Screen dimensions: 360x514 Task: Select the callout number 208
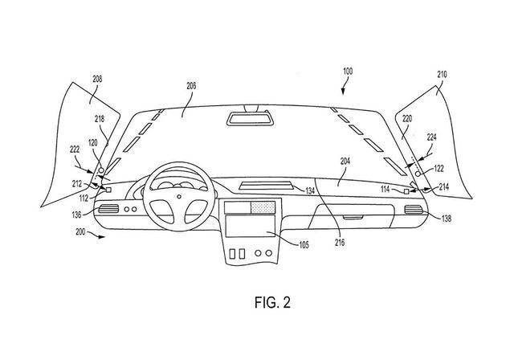[x=97, y=80]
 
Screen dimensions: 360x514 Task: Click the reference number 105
[x=297, y=244]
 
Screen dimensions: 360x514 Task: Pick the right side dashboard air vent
[x=413, y=211]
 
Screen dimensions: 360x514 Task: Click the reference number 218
[x=100, y=118]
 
